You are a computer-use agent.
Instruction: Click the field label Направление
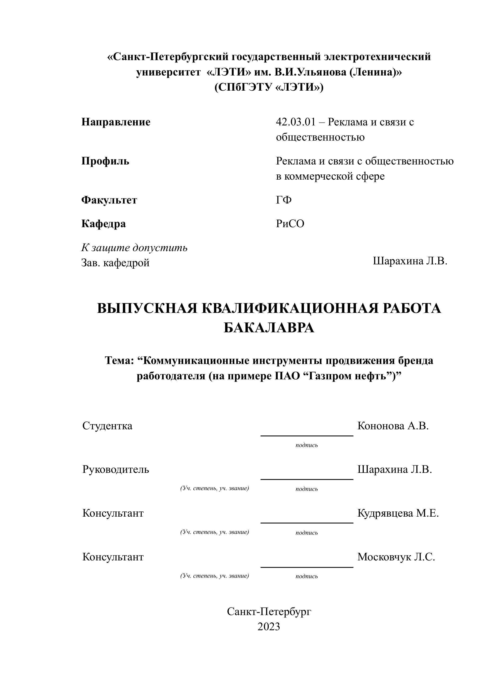tap(116, 122)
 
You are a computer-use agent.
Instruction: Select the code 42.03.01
tap(295, 122)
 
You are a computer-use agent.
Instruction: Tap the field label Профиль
tap(105, 161)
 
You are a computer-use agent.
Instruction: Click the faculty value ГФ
tap(284, 200)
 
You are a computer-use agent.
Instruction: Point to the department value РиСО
tap(290, 224)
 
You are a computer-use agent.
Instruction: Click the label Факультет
tap(109, 200)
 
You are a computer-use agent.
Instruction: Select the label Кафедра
tap(103, 224)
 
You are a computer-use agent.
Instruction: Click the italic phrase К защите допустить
tap(134, 248)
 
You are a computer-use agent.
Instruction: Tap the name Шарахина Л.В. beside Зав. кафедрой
tap(410, 261)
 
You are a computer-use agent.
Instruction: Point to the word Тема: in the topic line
tap(119, 360)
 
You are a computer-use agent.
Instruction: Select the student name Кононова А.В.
tap(393, 426)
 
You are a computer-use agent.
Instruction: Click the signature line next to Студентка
tap(307, 436)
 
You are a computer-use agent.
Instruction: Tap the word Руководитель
tap(116, 469)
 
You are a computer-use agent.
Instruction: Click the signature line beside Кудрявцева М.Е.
tap(307, 523)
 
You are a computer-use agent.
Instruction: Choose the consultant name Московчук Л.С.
tap(396, 557)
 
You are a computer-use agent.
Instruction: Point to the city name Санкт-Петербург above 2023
tap(269, 612)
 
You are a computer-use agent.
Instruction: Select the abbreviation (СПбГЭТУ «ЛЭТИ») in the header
tap(269, 88)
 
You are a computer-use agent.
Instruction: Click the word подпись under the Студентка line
tap(307, 445)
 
